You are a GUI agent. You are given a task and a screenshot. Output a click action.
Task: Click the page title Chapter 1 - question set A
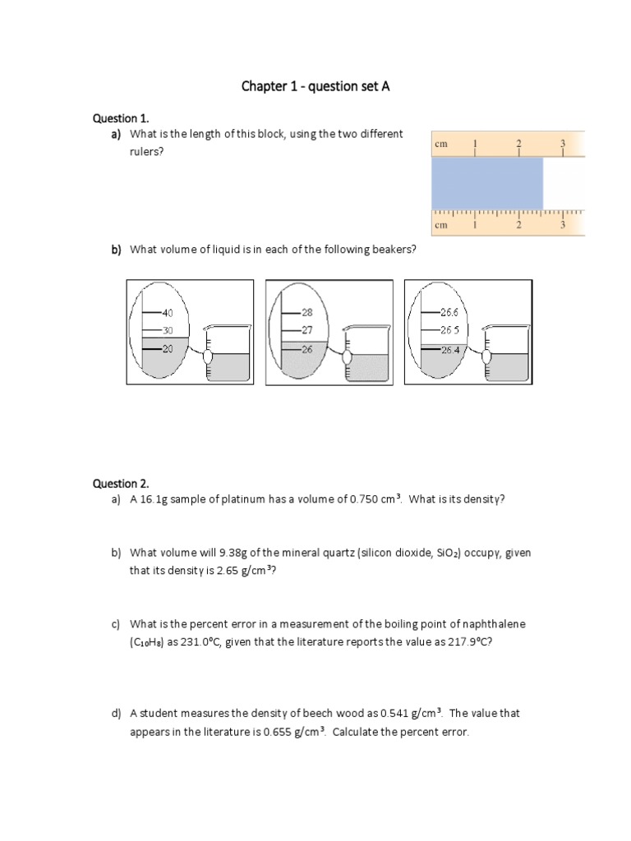point(315,86)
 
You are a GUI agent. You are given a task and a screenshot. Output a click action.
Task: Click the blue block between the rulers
point(487,183)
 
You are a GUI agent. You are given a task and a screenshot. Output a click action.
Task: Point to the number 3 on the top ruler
point(563,143)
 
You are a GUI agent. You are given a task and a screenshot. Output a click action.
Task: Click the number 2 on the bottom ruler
point(518,224)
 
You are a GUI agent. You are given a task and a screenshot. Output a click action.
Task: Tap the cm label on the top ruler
point(441,144)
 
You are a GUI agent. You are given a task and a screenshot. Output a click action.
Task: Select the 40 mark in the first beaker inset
point(168,313)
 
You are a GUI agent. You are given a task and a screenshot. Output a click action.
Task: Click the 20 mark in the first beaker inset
point(168,349)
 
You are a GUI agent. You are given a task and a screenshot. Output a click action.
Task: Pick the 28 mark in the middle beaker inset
point(307,313)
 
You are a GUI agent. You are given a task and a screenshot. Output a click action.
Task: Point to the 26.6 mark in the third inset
point(449,312)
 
